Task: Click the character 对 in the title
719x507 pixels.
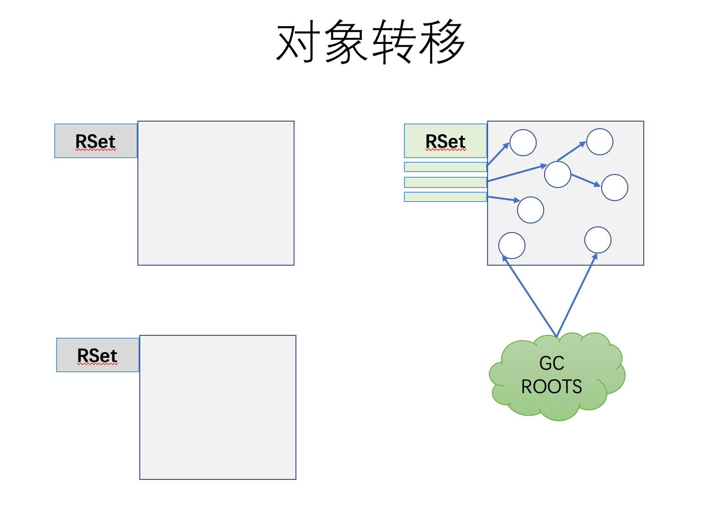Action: [299, 43]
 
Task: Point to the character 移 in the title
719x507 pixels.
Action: [442, 43]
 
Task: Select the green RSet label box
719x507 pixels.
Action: [446, 141]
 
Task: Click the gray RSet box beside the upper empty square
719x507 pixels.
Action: [96, 141]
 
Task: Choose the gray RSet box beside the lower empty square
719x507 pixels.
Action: [98, 355]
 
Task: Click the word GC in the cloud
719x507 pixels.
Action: [552, 363]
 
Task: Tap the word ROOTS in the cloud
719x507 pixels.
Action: [552, 387]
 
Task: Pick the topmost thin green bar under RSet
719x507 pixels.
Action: [446, 167]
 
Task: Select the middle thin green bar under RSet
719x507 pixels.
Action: [446, 182]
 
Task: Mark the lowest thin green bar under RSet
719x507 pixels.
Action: [446, 197]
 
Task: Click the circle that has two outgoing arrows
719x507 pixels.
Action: [558, 174]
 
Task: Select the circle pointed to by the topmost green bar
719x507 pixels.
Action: [523, 143]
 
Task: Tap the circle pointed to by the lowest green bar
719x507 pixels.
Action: [531, 210]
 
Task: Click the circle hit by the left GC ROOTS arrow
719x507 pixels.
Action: [512, 246]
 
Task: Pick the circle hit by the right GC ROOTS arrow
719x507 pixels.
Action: [598, 240]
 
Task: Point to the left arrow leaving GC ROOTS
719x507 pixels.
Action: [529, 296]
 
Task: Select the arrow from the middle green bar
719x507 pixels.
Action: [517, 173]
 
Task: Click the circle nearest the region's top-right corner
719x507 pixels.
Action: [600, 142]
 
